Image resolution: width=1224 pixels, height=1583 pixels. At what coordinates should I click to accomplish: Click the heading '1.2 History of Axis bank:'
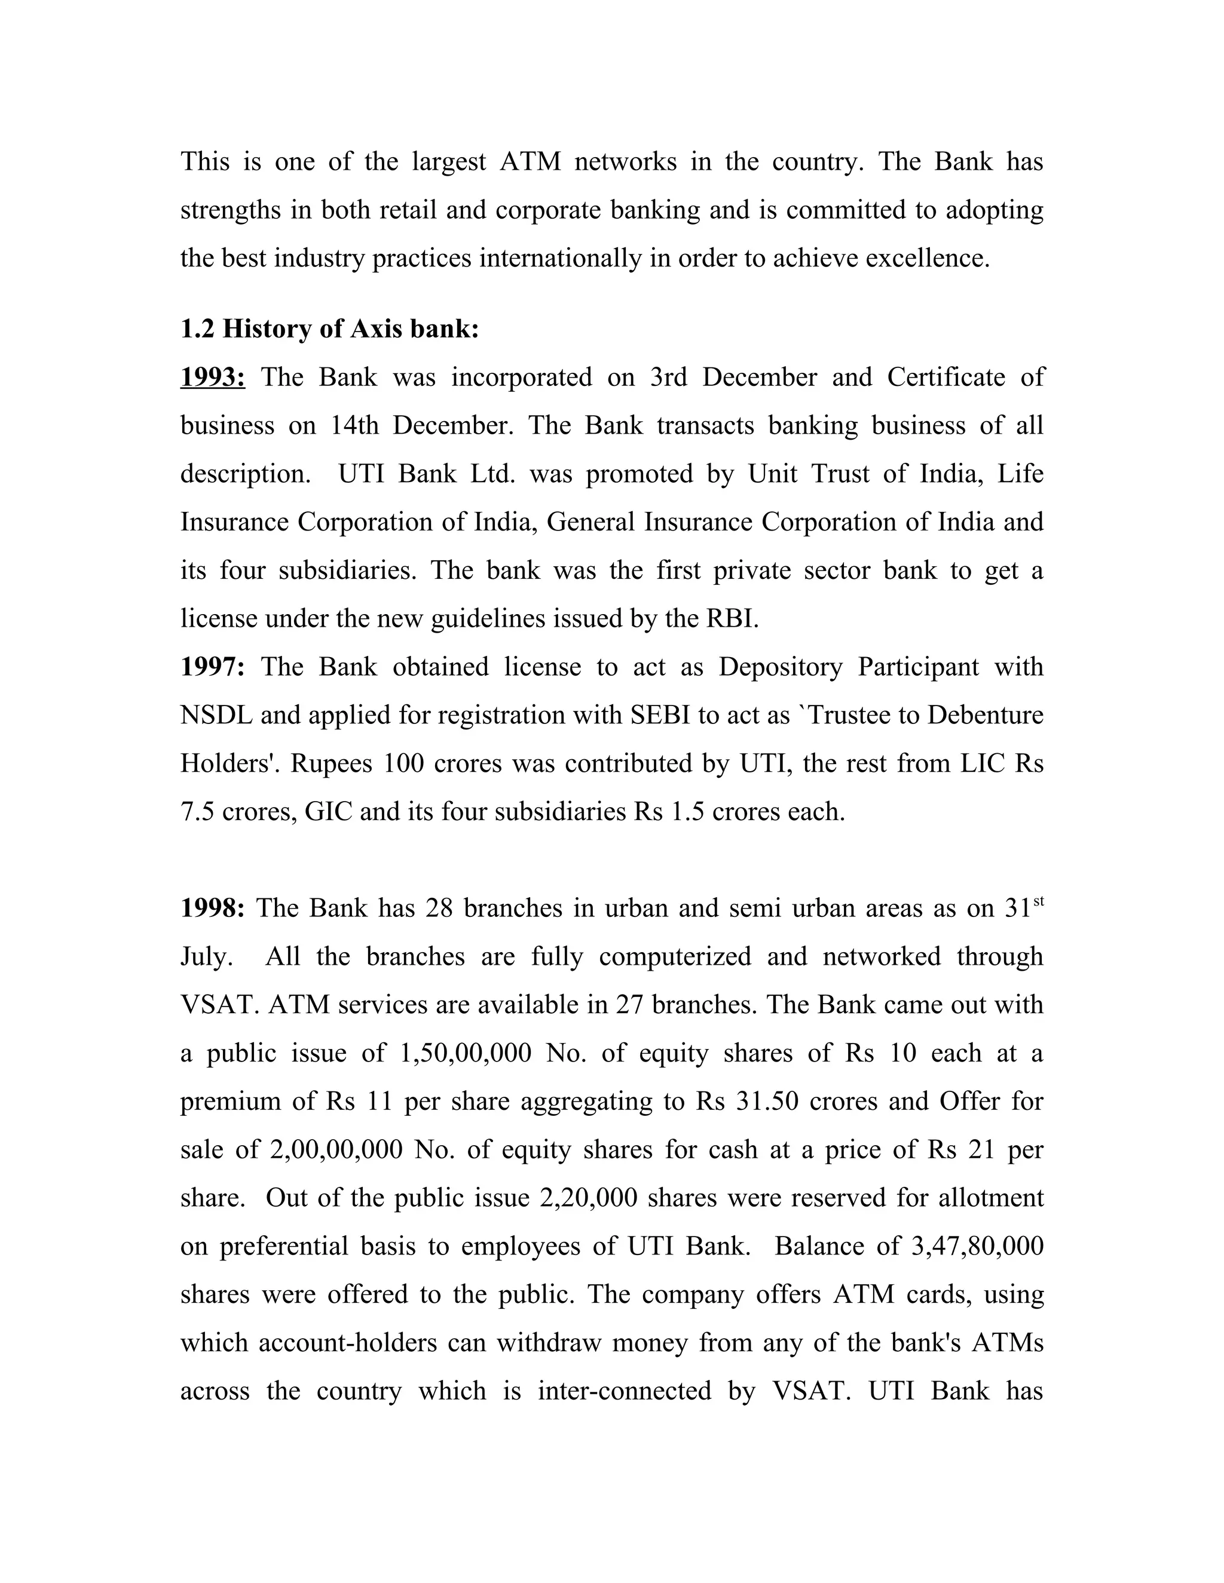click(329, 329)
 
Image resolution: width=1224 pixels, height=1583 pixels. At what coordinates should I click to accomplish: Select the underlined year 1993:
click(212, 377)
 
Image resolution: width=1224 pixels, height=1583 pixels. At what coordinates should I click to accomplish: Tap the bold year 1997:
click(212, 666)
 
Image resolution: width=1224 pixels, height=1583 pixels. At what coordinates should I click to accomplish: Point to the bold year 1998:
click(212, 907)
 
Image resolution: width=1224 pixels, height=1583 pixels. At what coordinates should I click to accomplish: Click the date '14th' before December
click(354, 425)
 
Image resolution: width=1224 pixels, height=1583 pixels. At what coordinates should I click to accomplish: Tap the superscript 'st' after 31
click(1038, 901)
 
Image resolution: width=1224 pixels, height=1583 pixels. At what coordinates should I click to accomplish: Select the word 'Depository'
click(780, 666)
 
